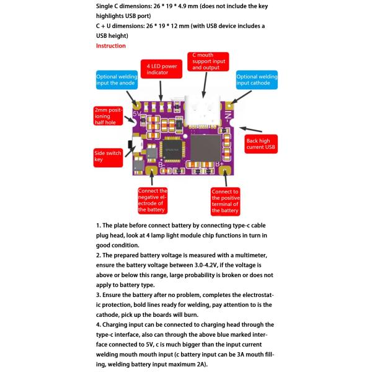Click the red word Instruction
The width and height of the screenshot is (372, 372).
[110, 46]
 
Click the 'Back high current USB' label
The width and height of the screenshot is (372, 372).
[261, 144]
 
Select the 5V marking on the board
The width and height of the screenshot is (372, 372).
[137, 114]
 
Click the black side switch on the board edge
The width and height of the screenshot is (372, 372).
[131, 147]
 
